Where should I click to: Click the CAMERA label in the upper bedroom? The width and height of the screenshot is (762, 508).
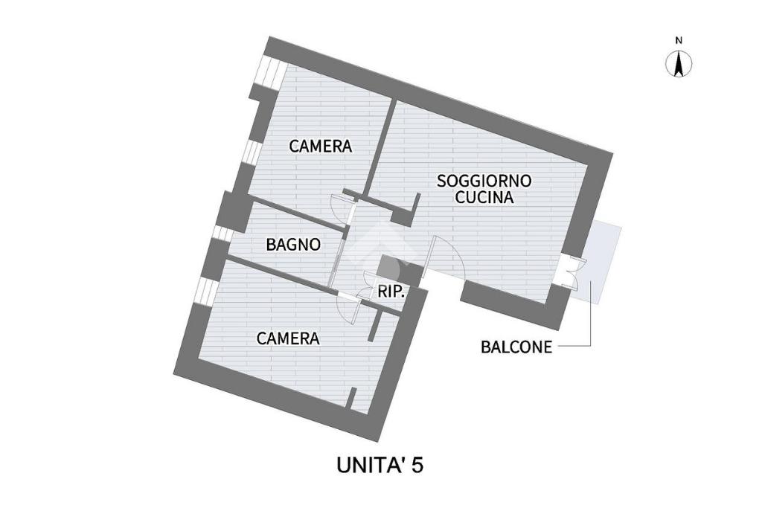tap(320, 146)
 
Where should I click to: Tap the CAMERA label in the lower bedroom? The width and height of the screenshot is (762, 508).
tap(288, 338)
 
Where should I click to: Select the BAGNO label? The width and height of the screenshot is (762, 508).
tap(293, 244)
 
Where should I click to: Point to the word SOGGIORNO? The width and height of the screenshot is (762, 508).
tap(484, 181)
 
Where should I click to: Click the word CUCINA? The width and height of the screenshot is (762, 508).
tap(484, 198)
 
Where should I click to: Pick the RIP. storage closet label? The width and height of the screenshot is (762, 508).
tap(391, 292)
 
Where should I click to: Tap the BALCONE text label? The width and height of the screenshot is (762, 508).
tap(516, 347)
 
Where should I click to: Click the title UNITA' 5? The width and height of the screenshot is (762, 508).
tap(380, 466)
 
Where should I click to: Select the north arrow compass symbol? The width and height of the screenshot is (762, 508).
tap(679, 64)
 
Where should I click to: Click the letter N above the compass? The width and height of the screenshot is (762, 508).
tap(679, 40)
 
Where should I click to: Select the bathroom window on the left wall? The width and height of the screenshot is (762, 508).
tap(221, 233)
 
